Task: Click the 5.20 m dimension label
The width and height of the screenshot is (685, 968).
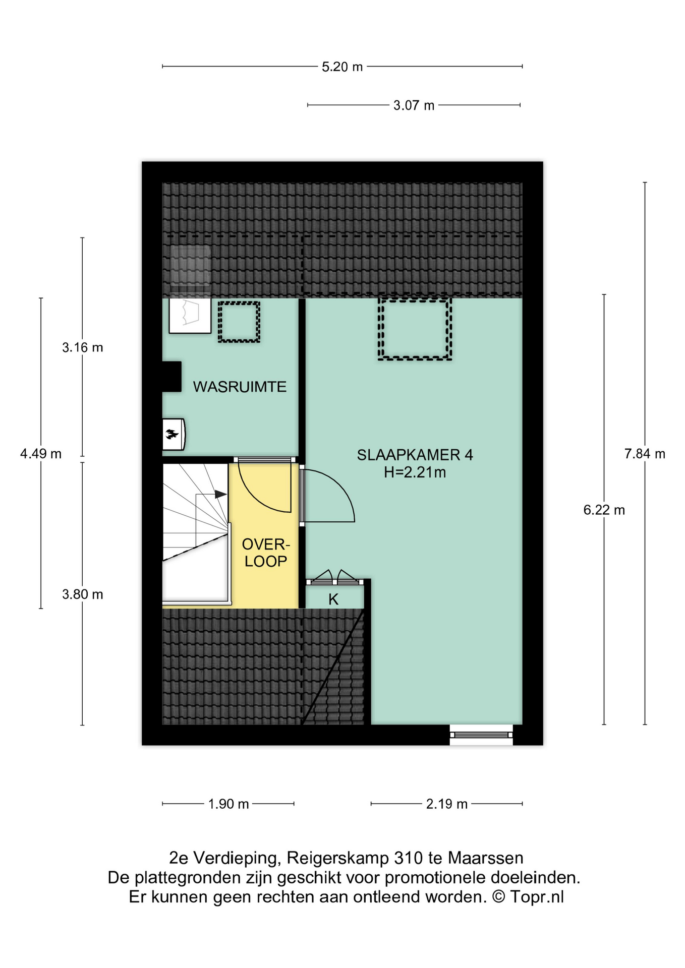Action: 342,67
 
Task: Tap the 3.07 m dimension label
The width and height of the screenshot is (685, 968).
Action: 414,105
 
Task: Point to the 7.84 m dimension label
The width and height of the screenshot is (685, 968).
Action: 645,454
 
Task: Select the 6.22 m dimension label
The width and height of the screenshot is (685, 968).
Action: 604,510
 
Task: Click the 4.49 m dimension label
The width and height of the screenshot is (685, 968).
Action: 41,454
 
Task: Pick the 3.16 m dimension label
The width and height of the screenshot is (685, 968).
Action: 82,347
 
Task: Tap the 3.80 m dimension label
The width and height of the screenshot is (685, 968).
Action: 82,594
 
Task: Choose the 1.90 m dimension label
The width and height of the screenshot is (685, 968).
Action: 229,804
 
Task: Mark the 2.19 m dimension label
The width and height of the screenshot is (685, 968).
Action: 446,804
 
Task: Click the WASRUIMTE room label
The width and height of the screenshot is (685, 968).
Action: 240,387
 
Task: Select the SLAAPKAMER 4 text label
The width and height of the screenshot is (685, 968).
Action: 415,455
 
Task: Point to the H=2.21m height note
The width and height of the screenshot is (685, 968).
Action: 415,472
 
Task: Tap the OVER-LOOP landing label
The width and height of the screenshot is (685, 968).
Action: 266,553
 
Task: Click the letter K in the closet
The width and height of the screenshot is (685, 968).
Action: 333,599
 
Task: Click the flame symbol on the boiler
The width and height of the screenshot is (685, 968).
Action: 173,434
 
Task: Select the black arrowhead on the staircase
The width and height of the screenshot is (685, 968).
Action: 220,494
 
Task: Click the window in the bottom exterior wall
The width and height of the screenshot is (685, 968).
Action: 481,735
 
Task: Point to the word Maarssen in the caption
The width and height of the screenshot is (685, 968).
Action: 485,858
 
